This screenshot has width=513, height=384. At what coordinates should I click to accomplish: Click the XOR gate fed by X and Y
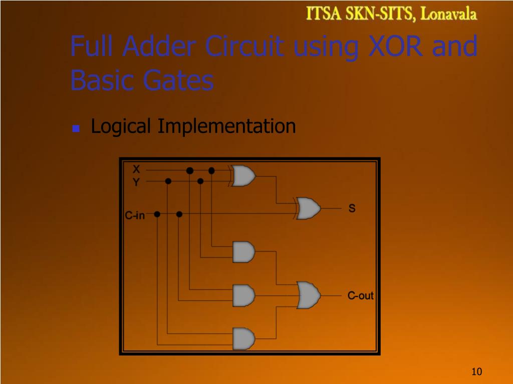tap(243, 176)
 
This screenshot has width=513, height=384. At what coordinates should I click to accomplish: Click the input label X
tap(136, 169)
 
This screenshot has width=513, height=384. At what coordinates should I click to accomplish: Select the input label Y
tap(136, 182)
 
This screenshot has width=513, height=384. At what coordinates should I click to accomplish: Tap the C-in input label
tap(135, 215)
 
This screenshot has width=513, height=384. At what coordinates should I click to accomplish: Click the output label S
tap(352, 208)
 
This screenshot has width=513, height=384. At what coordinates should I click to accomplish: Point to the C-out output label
tap(361, 295)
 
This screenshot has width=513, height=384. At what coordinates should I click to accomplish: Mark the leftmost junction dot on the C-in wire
tap(157, 214)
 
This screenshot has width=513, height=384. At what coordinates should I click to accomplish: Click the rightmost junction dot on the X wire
tap(211, 170)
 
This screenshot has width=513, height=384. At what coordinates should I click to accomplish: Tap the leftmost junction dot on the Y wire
tap(168, 181)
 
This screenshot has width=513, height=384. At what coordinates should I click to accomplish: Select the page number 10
tap(476, 371)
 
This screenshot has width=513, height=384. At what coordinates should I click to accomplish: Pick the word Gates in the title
tap(178, 80)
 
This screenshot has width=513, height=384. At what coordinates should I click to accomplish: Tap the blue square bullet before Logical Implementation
tap(76, 128)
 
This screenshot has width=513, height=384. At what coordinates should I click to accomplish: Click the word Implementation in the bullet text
tap(226, 126)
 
